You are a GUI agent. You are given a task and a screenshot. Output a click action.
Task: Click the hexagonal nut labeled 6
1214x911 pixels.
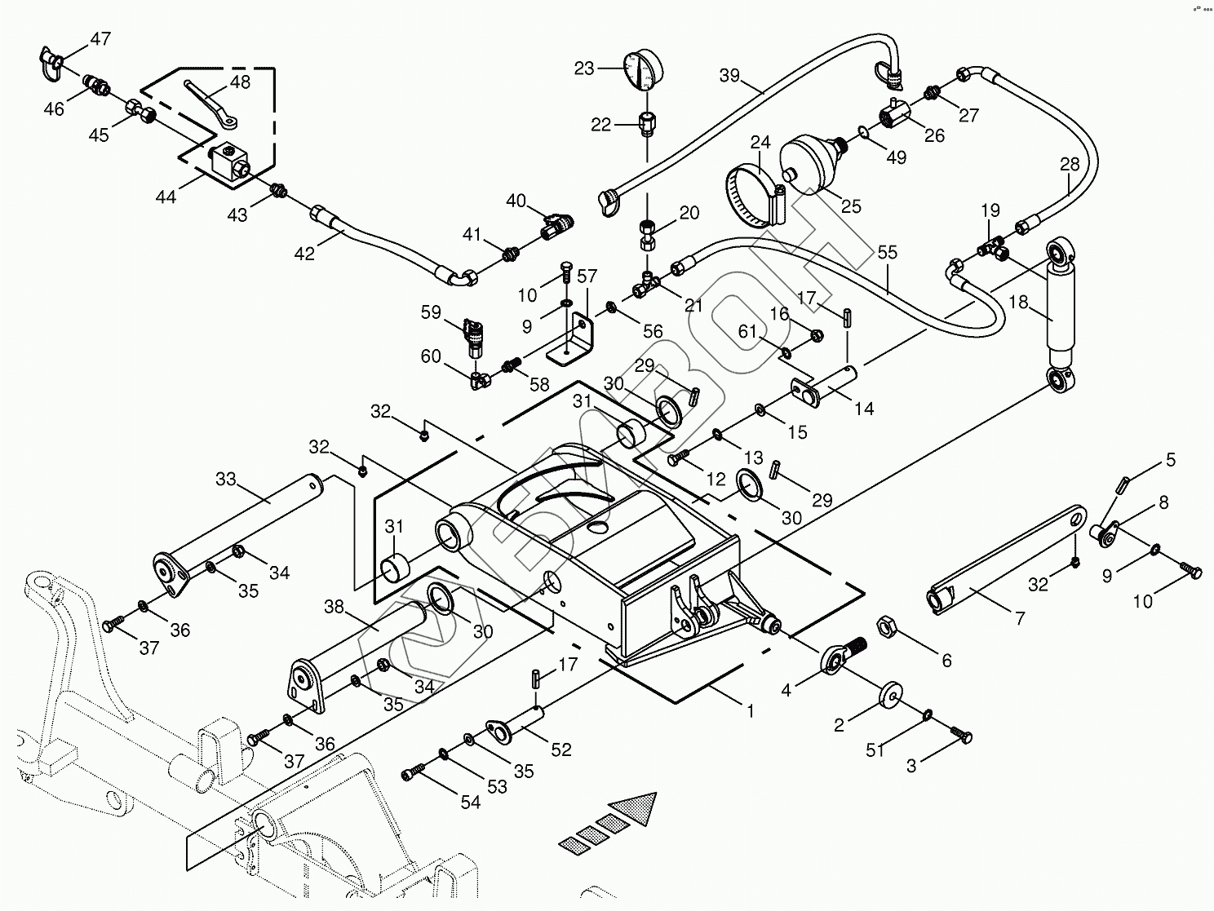pyautogui.click(x=887, y=628)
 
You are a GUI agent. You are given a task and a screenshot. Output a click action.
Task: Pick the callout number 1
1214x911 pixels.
pyautogui.click(x=750, y=711)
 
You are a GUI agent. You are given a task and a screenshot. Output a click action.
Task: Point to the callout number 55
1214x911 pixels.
pyautogui.click(x=887, y=252)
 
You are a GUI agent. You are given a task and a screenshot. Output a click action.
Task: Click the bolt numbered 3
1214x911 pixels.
pyautogui.click(x=960, y=735)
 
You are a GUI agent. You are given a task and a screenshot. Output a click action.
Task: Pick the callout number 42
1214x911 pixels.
pyautogui.click(x=303, y=254)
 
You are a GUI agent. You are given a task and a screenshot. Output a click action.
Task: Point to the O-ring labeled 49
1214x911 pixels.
pyautogui.click(x=864, y=130)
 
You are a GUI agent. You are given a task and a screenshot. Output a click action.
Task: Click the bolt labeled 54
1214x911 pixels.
pyautogui.click(x=414, y=771)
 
